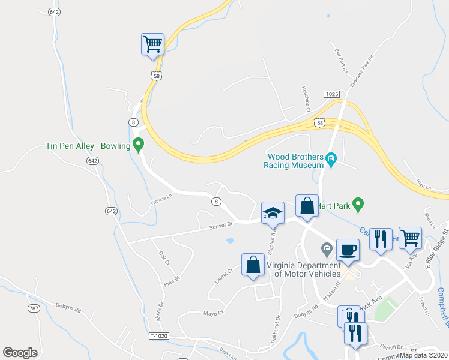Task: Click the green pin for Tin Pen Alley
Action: tap(139, 145)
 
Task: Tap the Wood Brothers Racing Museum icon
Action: tap(331, 159)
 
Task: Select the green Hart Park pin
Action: tap(358, 205)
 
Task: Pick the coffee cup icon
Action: tap(348, 250)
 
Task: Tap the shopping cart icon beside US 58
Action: tap(152, 44)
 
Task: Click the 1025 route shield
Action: tap(331, 94)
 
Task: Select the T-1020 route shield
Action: tap(157, 336)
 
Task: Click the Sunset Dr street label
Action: tap(220, 225)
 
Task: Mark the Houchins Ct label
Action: tap(305, 98)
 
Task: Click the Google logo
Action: tap(20, 352)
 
